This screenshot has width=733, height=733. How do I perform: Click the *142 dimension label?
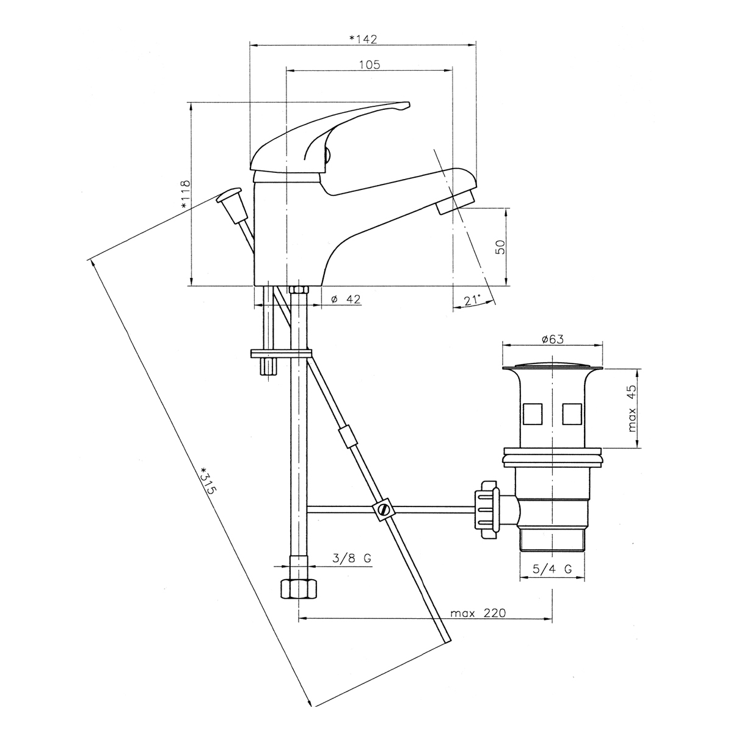coord(363,39)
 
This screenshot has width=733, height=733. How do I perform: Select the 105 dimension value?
coord(370,65)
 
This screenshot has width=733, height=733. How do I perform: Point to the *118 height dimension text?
coord(185,194)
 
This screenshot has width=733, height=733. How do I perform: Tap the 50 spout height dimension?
coord(501,247)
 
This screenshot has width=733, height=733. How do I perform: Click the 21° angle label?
coord(472,301)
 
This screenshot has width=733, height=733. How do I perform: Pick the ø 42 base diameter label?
coord(346,299)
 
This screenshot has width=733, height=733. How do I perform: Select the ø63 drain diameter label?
coord(553,339)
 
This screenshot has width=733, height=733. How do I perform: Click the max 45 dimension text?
coord(631,409)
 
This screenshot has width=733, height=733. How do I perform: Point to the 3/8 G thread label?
coord(351,558)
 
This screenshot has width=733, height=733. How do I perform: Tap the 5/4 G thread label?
coord(552,579)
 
